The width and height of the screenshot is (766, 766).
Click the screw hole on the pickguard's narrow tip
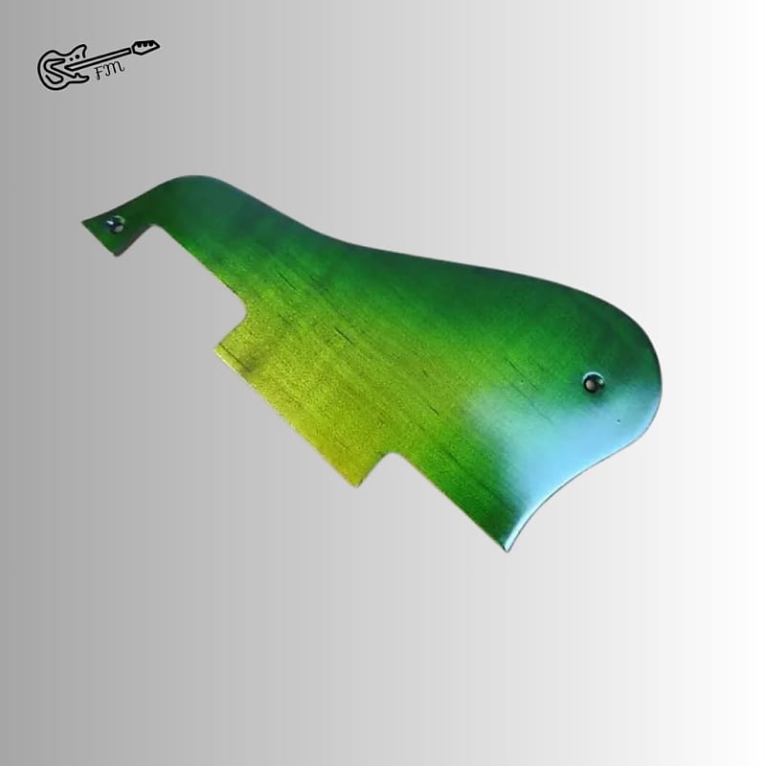pyautogui.click(x=116, y=224)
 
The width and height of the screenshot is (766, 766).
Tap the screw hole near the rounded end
pyautogui.click(x=594, y=382)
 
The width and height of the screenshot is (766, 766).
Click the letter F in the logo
pyautogui.click(x=101, y=74)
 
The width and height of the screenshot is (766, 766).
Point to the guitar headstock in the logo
pyautogui.click(x=146, y=46)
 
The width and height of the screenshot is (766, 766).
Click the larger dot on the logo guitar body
pyautogui.click(x=75, y=57)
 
